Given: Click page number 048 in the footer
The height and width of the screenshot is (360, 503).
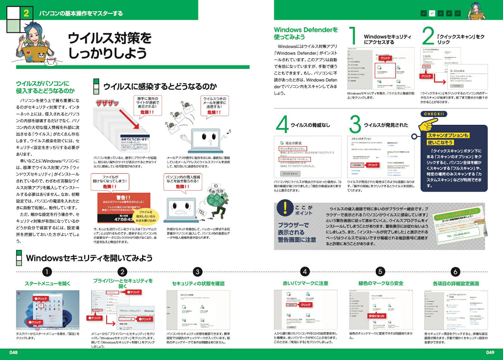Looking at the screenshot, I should click(x=14, y=352).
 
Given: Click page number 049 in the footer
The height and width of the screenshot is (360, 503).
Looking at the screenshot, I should click(x=490, y=352).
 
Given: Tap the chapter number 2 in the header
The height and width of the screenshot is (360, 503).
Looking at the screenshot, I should click(x=26, y=13).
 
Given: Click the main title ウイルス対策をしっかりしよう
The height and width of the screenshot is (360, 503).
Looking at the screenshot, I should click(x=109, y=45).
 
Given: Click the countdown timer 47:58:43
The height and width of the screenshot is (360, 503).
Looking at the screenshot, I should click(x=124, y=219).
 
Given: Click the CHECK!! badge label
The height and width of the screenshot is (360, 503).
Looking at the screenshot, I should click(x=434, y=114).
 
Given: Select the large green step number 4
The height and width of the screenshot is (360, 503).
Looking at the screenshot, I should click(x=282, y=125).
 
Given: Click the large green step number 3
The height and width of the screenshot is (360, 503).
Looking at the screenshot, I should click(x=355, y=125).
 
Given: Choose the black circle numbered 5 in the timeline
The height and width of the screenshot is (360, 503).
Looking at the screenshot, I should click(x=380, y=272).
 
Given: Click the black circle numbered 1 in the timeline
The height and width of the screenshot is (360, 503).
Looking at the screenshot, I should click(x=47, y=272).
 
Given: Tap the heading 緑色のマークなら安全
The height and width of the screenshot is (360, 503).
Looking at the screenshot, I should click(x=381, y=283).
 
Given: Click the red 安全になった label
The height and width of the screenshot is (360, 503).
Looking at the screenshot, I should click(x=377, y=316).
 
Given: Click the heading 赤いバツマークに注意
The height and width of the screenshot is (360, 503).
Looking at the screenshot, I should click(x=305, y=283).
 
